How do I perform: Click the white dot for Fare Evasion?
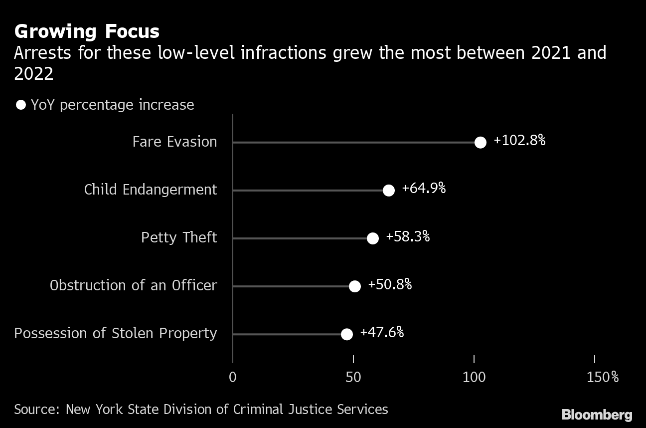[480, 143]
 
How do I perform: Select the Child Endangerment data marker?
[389, 190]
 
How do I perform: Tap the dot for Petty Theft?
[373, 238]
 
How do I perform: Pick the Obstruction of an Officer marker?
[354, 286]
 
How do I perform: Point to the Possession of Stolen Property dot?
[347, 334]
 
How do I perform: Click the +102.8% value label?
[519, 141]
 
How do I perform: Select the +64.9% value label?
[424, 189]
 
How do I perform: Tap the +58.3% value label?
[408, 236]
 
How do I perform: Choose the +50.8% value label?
[390, 284]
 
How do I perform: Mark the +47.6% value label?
[382, 332]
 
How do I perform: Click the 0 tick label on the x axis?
[233, 377]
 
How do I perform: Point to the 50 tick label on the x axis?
[353, 377]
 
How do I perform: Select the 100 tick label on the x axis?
[474, 377]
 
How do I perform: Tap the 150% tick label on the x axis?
[603, 377]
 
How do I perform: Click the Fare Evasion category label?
[174, 142]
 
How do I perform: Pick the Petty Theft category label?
[179, 237]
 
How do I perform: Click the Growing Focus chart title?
[87, 31]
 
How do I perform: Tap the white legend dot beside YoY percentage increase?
[21, 105]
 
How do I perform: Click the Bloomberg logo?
[597, 415]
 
